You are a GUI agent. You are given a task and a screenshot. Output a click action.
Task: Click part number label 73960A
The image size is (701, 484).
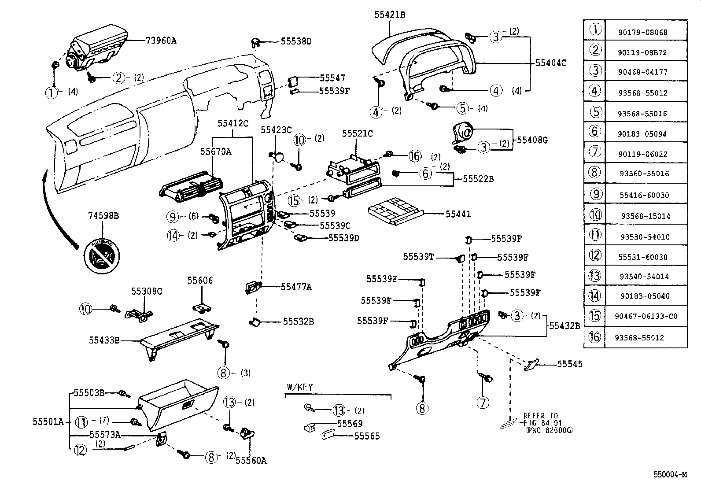point(161,41)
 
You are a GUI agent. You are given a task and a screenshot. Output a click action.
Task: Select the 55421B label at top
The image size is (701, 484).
point(390,15)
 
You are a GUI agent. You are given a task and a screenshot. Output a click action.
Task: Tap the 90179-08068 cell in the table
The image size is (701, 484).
point(646,32)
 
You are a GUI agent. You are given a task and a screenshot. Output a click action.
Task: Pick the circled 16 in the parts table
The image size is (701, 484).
point(594,337)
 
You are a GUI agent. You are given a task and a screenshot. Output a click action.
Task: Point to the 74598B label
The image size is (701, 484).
point(103,216)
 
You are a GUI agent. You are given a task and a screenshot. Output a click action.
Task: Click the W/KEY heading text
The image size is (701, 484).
point(300,387)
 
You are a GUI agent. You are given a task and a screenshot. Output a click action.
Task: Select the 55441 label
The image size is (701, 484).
point(458,214)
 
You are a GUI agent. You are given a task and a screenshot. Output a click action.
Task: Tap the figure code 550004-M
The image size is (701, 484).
point(670,475)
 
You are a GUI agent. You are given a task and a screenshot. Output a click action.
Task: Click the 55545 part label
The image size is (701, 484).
point(569,364)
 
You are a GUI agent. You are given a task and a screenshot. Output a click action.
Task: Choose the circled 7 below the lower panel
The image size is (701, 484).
point(482,403)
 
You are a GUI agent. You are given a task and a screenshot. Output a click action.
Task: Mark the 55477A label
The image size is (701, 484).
point(296,287)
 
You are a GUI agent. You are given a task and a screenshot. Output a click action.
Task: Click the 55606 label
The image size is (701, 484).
point(200,280)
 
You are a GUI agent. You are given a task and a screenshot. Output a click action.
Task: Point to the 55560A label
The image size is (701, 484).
point(251,461)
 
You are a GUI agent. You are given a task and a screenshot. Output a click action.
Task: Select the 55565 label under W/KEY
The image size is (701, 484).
point(367,436)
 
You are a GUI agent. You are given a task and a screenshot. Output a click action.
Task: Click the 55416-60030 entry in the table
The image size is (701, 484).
point(646,195)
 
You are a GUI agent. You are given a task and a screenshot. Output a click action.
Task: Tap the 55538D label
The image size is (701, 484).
point(296,41)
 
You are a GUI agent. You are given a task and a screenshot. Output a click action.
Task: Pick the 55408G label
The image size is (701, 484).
point(532,140)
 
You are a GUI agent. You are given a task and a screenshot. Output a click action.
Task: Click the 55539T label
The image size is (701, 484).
point(419,256)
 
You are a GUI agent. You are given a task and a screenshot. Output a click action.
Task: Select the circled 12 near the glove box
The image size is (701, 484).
point(80,450)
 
